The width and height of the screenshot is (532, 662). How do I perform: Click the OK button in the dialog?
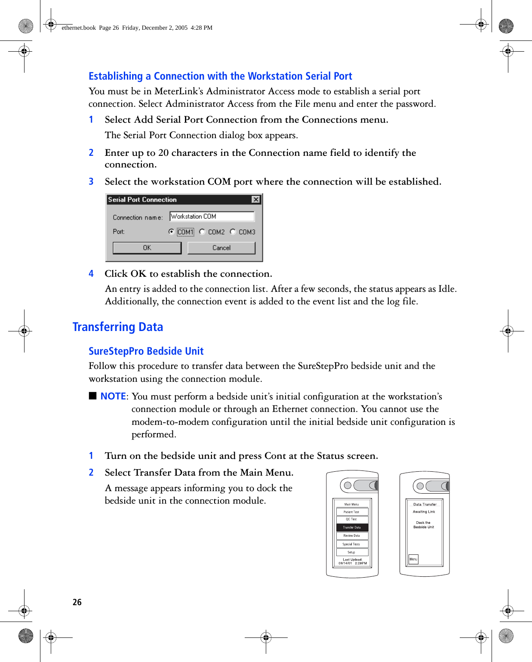(147, 248)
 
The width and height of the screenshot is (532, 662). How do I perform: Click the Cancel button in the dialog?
(221, 248)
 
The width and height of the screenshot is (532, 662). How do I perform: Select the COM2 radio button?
(202, 232)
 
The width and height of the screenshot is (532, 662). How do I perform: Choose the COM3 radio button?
(233, 232)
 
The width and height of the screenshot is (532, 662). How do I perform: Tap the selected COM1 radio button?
(172, 232)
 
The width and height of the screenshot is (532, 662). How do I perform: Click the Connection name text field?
(212, 217)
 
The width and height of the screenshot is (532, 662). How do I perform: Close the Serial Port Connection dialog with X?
(256, 199)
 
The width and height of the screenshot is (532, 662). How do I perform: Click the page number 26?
(77, 602)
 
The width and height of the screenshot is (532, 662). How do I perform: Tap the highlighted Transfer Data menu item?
(352, 527)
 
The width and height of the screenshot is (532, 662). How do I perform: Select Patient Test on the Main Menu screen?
(352, 512)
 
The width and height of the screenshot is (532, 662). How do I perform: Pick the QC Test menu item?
(352, 520)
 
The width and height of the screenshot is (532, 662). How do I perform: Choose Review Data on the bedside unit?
(352, 536)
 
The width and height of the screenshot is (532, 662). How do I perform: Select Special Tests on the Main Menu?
(352, 544)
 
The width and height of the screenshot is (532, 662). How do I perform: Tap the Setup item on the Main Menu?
(352, 552)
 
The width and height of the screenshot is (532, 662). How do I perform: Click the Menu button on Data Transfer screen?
(413, 559)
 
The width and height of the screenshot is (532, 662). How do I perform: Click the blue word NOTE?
(113, 396)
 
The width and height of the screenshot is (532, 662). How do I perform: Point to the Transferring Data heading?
(118, 327)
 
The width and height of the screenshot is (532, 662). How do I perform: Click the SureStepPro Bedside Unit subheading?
(146, 351)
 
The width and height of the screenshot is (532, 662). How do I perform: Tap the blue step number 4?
(91, 274)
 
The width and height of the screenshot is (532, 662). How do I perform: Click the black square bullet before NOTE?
(92, 396)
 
